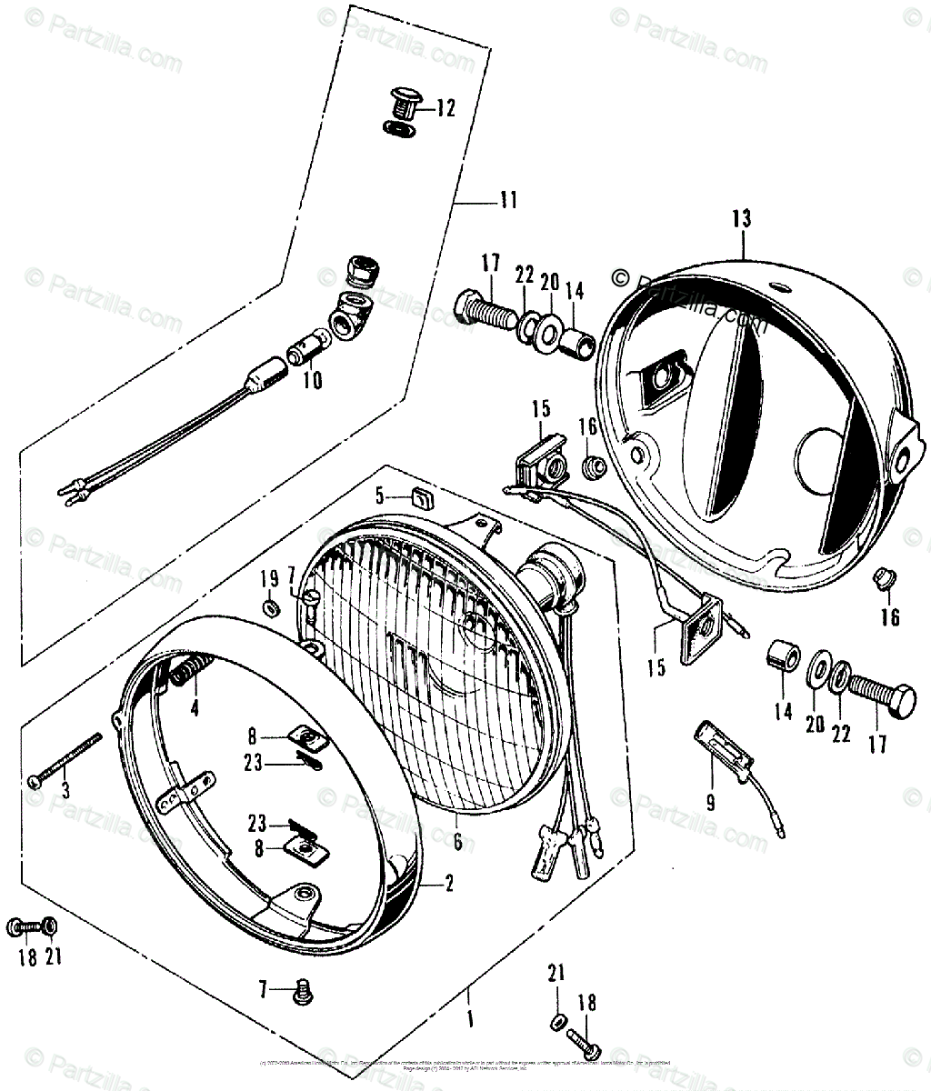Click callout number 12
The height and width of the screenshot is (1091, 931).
tap(445, 109)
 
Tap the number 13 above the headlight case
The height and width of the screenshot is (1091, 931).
tap(741, 218)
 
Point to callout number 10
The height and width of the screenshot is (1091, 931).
tap(312, 380)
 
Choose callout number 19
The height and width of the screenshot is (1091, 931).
tap(270, 579)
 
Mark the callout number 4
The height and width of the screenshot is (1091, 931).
tap(195, 706)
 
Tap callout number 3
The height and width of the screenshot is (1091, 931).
tap(65, 789)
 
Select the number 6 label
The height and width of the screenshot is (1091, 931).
tap(457, 842)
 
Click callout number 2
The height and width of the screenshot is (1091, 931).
tap(449, 884)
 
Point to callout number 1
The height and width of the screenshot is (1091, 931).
tap(470, 1020)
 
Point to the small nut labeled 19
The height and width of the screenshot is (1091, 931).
tap(271, 607)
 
